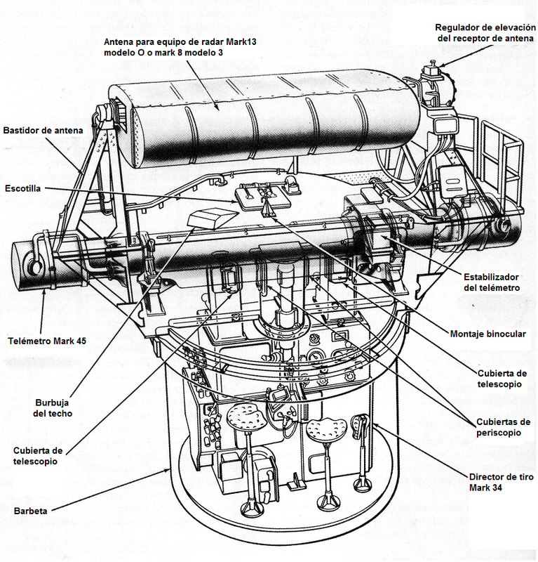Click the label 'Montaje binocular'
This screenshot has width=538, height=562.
tap(486, 334)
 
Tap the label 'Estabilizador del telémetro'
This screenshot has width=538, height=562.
tap(491, 282)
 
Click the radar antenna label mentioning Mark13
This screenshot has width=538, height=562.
tap(180, 48)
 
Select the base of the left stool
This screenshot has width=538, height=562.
tap(249, 507)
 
